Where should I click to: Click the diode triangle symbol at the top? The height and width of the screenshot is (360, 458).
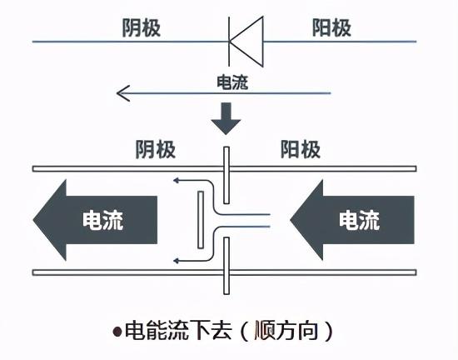pyautogui.click(x=246, y=38)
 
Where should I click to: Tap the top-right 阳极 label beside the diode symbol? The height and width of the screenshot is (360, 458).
pyautogui.click(x=333, y=27)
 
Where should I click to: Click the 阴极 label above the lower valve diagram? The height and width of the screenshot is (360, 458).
pyautogui.click(x=156, y=150)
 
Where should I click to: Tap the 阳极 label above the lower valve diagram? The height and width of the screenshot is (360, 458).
pyautogui.click(x=300, y=150)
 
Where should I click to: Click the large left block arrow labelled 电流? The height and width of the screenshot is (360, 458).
pyautogui.click(x=96, y=220)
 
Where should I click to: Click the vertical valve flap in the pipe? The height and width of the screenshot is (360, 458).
pyautogui.click(x=201, y=219)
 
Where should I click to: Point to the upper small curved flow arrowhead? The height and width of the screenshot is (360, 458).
pyautogui.click(x=176, y=178)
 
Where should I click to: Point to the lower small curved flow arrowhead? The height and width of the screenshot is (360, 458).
pyautogui.click(x=176, y=261)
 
